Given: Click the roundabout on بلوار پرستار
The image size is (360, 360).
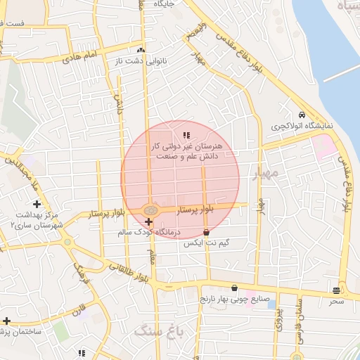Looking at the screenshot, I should (x=150, y=210).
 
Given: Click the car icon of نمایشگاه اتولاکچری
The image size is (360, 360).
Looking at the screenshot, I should (x=302, y=115).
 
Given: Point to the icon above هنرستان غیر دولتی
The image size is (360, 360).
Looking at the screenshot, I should (x=186, y=134).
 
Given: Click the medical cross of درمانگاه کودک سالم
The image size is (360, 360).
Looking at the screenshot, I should (x=148, y=221).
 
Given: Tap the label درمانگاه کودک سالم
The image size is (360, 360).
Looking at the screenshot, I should (x=178, y=231).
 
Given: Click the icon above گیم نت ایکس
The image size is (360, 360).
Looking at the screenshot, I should (x=206, y=231).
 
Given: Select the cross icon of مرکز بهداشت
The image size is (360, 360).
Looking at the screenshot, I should (x=37, y=204).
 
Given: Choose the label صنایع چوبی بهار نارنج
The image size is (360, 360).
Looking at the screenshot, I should (x=233, y=300).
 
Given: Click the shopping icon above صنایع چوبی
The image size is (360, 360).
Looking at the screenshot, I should (x=234, y=288).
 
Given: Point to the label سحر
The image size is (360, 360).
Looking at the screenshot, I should (x=336, y=301).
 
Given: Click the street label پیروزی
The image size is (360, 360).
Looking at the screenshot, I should (x=277, y=320).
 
